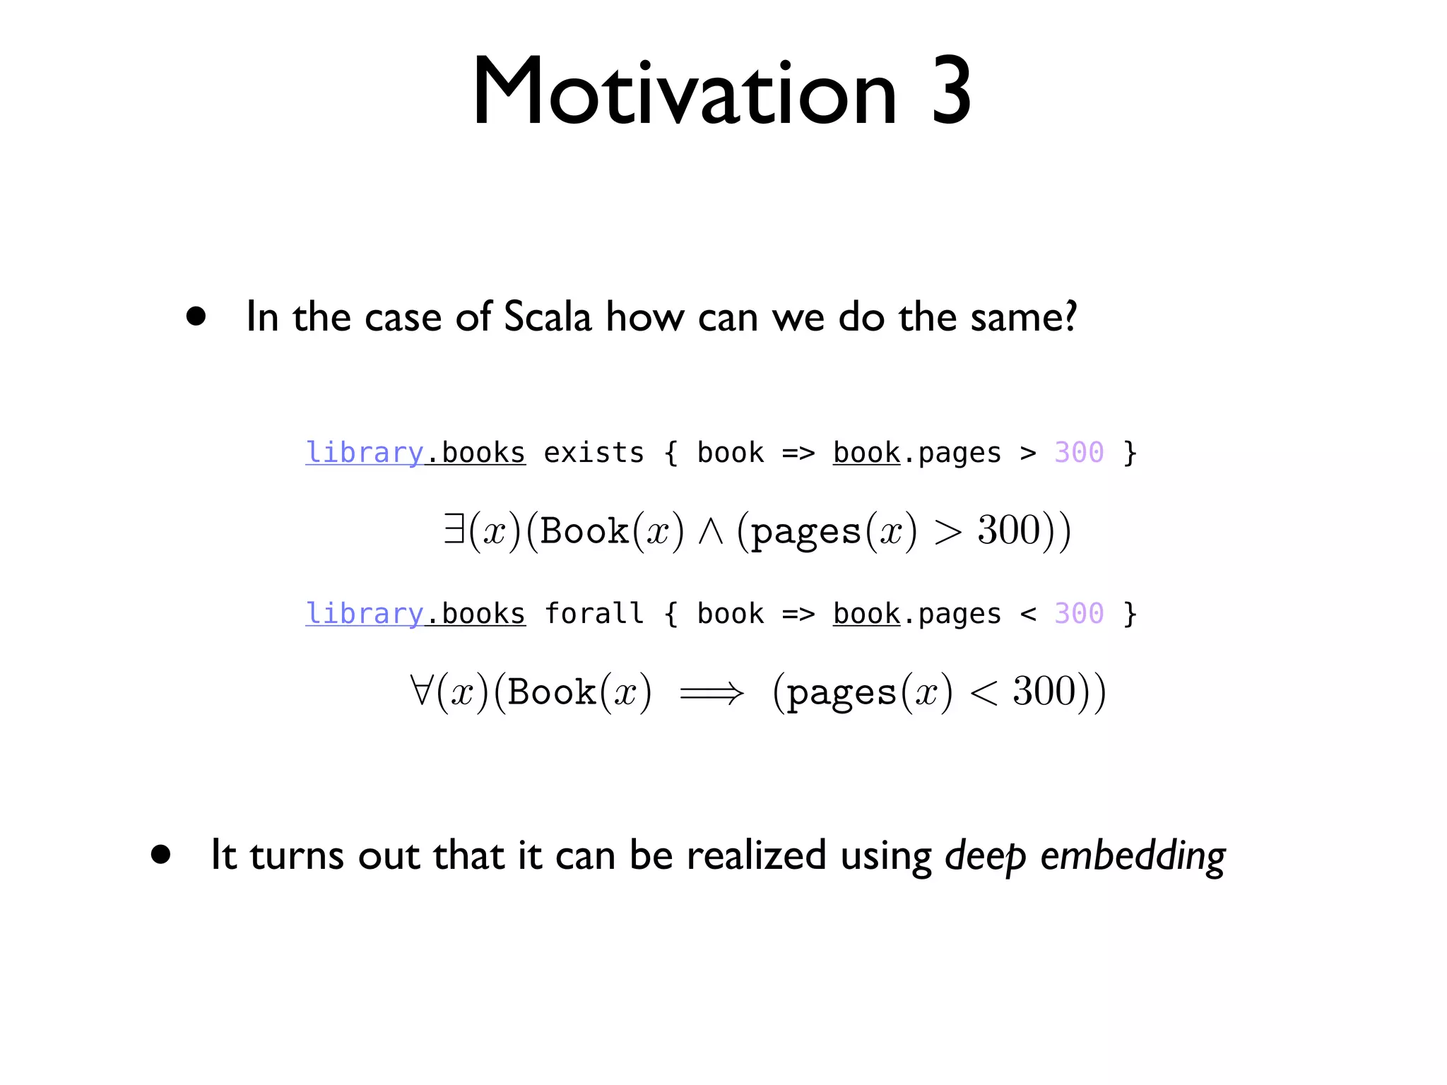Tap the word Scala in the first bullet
[547, 317]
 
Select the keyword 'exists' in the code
[593, 453]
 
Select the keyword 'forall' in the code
[593, 613]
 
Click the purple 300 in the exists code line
[1078, 453]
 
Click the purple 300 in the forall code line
[1078, 613]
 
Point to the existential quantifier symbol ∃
[454, 529]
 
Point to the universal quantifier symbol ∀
[420, 690]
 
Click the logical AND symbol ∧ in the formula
[710, 532]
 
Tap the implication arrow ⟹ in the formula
[711, 693]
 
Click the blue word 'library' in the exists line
[364, 453]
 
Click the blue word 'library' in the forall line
[364, 613]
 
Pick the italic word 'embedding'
[1133, 855]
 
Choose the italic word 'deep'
[985, 855]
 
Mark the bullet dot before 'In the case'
[196, 316]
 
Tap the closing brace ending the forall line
[1130, 613]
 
